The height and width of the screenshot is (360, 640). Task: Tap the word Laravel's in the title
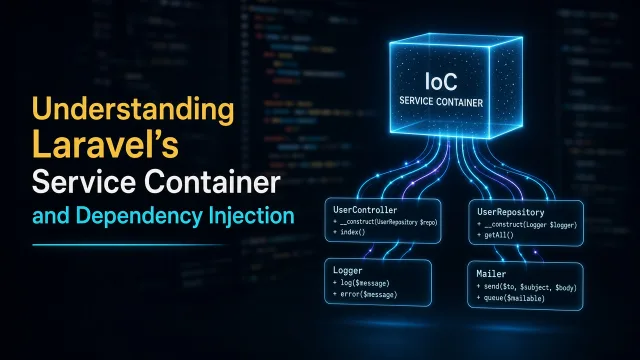coord(105,145)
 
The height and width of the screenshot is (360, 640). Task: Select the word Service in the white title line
coord(84,181)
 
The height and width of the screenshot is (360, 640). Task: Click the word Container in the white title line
coord(212,181)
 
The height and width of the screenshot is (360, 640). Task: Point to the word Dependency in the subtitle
coord(139,216)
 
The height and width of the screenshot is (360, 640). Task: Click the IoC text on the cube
coord(441,82)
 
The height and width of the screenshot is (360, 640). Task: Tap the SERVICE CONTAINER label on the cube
coord(441,102)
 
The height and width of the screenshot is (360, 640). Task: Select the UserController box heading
coord(365,210)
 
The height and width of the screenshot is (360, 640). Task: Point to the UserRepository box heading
coord(511,212)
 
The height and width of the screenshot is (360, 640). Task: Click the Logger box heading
coord(347,270)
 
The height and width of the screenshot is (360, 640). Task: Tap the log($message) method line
coord(361,283)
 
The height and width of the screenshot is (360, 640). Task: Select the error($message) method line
coord(365,294)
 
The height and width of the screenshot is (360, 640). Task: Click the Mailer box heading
coord(491,274)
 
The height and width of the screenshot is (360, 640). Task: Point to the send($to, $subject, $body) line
coord(527,287)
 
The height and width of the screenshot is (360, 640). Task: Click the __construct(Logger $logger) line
coord(527,225)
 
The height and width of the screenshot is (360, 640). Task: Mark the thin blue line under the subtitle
coord(129,245)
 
